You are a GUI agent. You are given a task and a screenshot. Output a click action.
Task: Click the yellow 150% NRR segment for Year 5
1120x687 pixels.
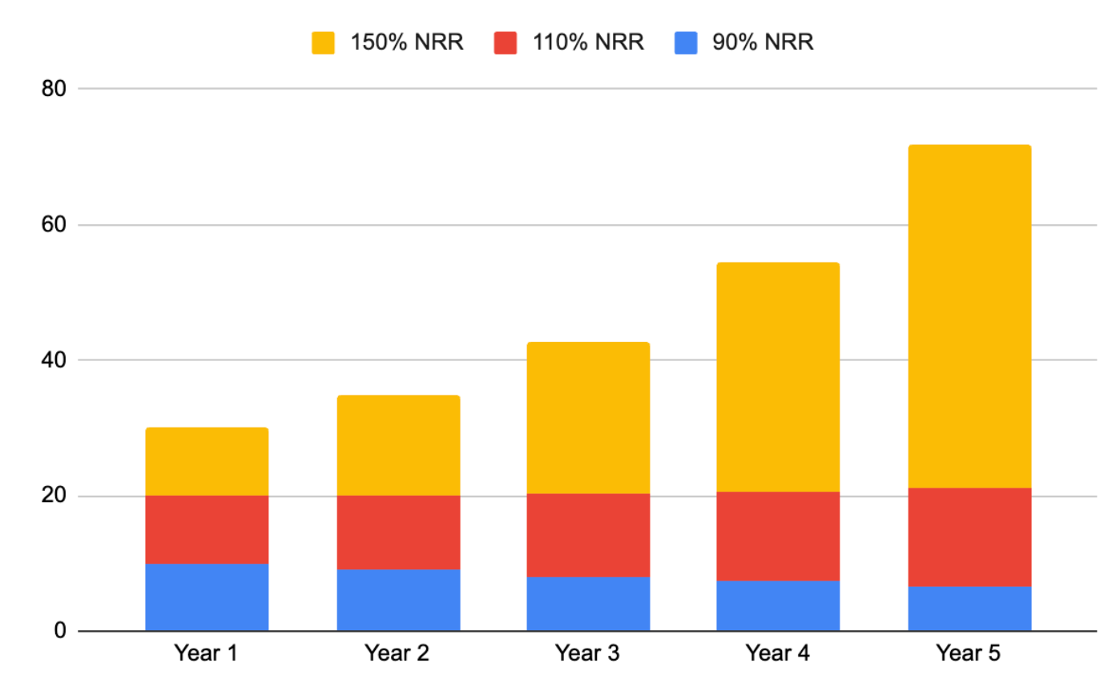pyautogui.click(x=969, y=316)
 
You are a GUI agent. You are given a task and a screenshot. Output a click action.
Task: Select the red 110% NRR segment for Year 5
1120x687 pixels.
pyautogui.click(x=969, y=537)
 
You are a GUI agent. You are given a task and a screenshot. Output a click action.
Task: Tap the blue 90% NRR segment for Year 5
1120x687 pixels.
pyautogui.click(x=969, y=609)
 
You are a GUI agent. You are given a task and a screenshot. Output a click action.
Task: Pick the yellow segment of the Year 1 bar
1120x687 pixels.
pyautogui.click(x=207, y=462)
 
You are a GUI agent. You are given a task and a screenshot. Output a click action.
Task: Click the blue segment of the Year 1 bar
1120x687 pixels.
pyautogui.click(x=207, y=597)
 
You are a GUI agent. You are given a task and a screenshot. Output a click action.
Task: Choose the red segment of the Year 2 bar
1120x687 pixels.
pyautogui.click(x=398, y=532)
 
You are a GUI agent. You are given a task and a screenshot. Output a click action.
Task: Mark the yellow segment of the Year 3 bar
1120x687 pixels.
pyautogui.click(x=588, y=418)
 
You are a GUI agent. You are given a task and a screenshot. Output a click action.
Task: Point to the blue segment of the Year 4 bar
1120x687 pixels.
pyautogui.click(x=779, y=605)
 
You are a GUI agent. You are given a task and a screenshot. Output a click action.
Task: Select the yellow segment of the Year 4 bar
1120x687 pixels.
pyautogui.click(x=779, y=377)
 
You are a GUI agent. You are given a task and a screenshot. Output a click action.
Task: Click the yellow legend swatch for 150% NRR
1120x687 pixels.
pyautogui.click(x=323, y=42)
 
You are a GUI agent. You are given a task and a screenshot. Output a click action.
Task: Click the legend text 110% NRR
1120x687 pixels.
pyautogui.click(x=587, y=42)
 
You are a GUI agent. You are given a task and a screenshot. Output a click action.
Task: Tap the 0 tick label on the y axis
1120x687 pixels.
pyautogui.click(x=60, y=631)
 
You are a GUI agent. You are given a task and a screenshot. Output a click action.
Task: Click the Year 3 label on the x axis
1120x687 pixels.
pyautogui.click(x=587, y=654)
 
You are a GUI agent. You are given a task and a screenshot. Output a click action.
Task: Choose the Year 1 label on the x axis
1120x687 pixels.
pyautogui.click(x=206, y=654)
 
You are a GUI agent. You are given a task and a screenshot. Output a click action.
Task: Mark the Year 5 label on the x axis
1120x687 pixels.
pyautogui.click(x=969, y=654)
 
